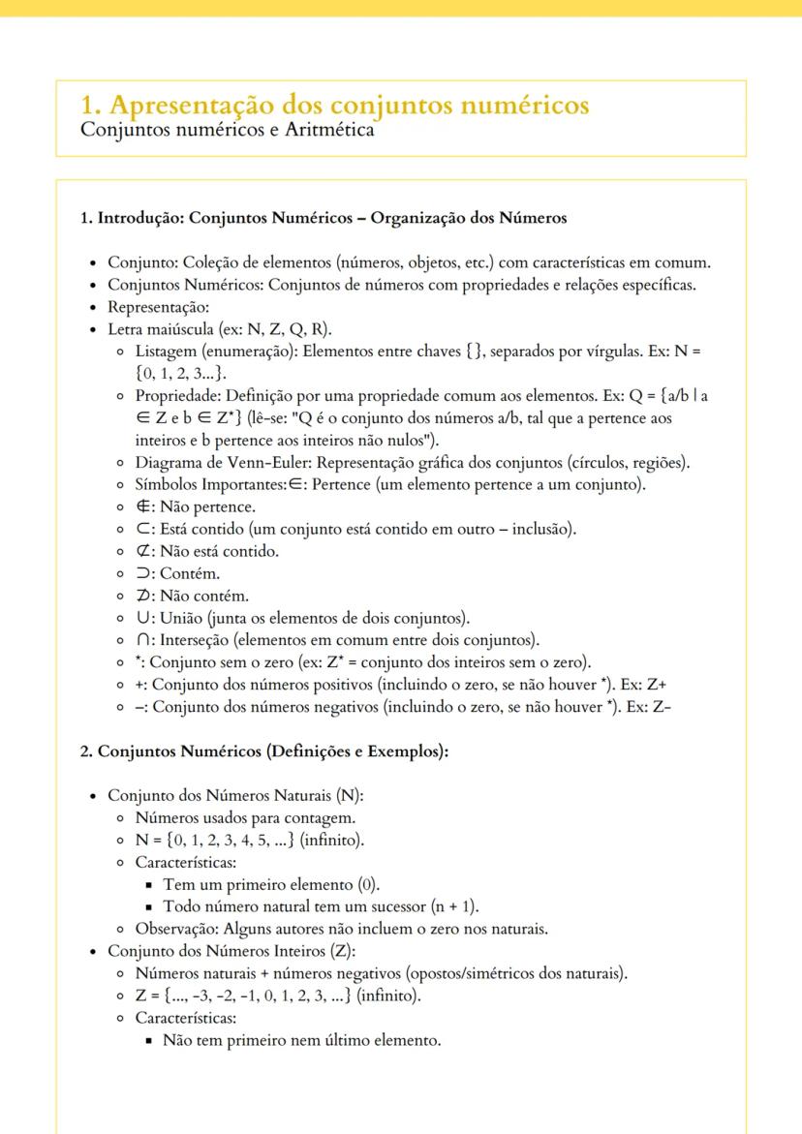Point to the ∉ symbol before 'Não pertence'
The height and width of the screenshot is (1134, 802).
coord(143,506)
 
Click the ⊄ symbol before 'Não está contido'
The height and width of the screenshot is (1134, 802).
coord(142,551)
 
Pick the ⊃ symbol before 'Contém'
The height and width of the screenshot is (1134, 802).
coord(142,573)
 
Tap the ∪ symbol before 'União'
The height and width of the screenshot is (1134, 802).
coord(142,618)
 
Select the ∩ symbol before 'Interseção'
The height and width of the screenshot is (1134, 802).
coord(142,640)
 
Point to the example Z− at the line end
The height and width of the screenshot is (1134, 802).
coord(663,707)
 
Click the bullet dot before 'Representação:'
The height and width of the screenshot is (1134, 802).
coord(92,307)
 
